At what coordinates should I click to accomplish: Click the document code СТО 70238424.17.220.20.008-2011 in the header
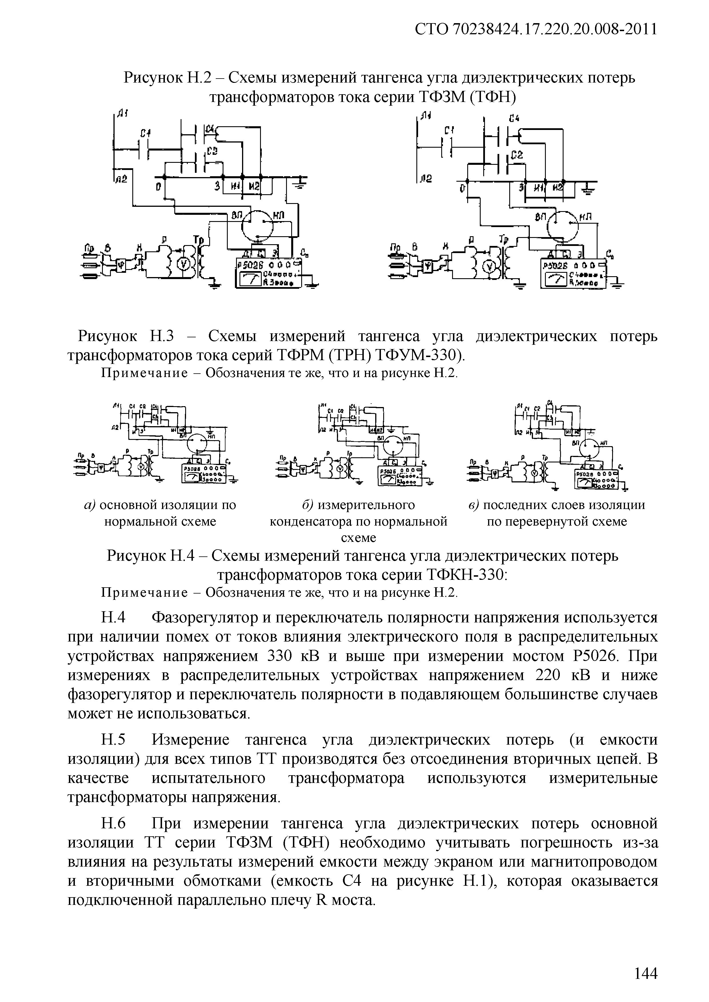click(x=536, y=30)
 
